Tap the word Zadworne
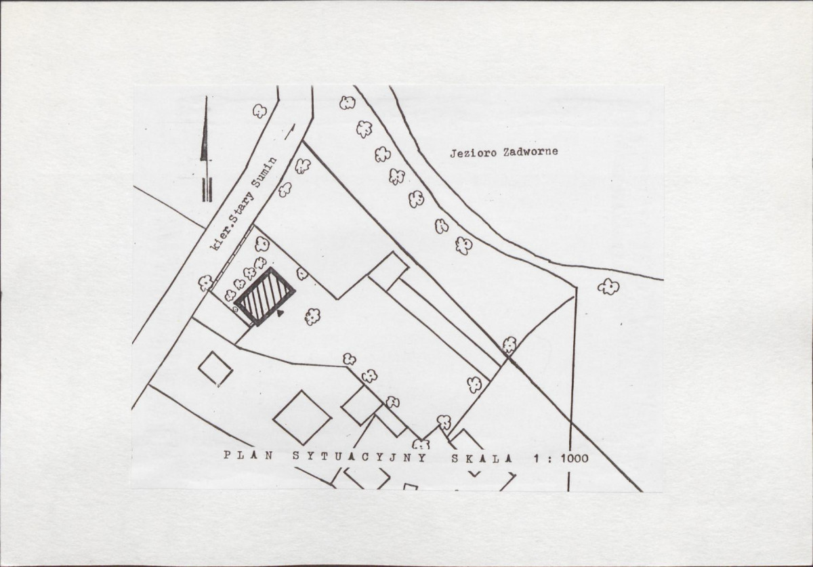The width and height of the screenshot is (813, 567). click(530, 152)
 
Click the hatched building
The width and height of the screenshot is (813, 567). click(265, 296)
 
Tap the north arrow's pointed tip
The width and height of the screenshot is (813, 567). click(206, 98)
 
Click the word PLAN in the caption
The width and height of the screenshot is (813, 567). click(248, 455)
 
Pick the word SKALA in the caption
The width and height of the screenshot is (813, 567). click(482, 459)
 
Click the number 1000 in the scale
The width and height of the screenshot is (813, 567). click(575, 459)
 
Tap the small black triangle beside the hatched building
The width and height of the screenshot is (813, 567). click(279, 313)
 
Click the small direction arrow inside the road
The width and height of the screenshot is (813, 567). click(290, 132)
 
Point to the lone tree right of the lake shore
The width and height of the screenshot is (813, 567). click(608, 287)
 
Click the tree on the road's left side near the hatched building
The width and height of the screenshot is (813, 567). click(205, 282)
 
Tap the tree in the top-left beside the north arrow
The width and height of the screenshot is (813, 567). click(259, 110)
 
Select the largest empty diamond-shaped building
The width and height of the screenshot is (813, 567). click(302, 417)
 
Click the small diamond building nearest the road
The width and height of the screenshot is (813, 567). click(215, 369)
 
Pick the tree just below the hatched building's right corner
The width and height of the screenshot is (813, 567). click(312, 316)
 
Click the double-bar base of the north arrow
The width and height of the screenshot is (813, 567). click(207, 190)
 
